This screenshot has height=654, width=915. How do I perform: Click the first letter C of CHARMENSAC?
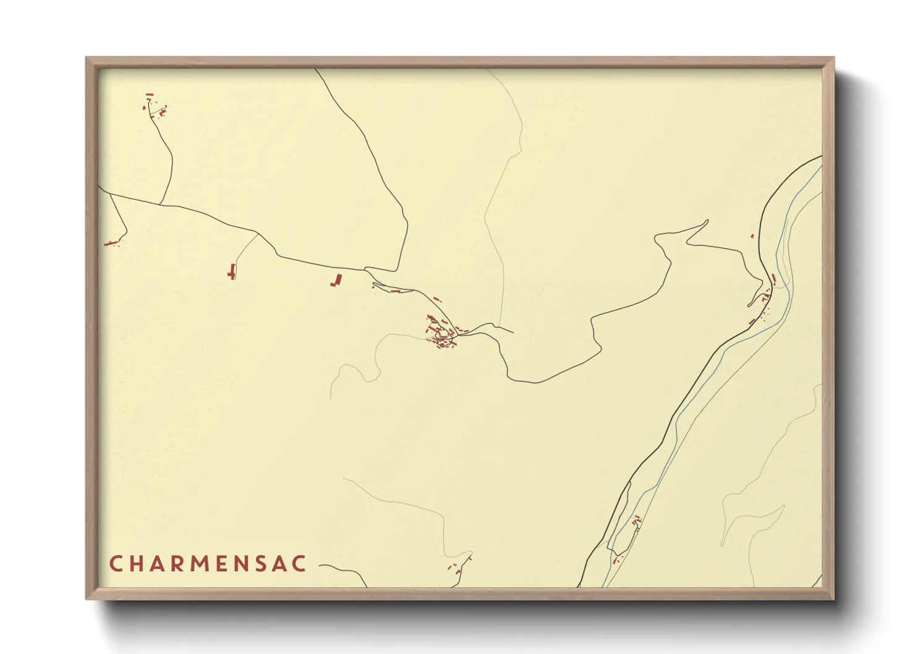click(115, 564)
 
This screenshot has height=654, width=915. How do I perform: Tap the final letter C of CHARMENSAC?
click(300, 564)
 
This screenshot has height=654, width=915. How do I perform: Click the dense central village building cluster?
click(441, 333)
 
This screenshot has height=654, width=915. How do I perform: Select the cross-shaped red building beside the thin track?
click(232, 271)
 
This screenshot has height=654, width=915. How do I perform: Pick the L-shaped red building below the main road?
click(336, 280)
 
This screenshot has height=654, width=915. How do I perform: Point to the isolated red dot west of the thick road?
click(752, 236)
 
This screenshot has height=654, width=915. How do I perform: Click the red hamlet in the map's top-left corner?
click(155, 106)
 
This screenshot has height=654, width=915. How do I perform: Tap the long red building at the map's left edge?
click(111, 243)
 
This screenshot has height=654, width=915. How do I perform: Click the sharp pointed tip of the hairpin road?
click(707, 220)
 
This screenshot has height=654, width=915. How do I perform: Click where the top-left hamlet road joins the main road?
click(160, 204)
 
